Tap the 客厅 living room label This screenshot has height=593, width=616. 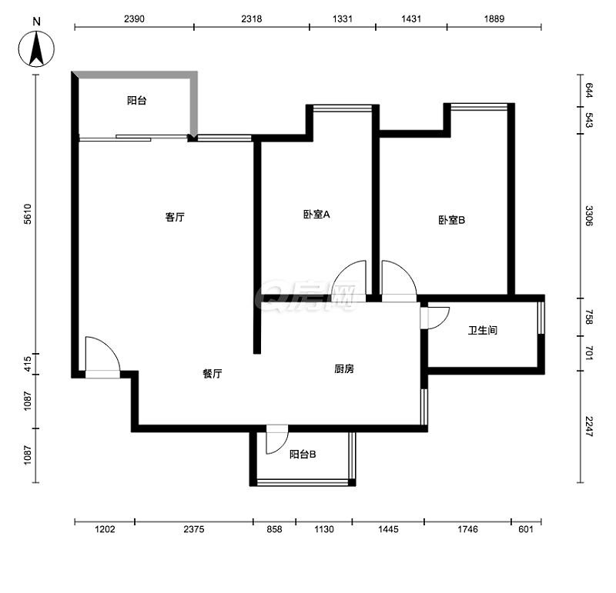175,217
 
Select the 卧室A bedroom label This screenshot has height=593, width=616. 316,215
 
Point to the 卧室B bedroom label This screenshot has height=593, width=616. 452,220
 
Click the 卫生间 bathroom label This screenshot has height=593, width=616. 483,331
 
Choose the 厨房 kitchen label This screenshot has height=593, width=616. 344,369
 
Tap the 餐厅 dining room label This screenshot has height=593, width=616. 213,374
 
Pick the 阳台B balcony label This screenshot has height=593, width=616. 303,455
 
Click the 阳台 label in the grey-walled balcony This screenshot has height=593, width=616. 137,101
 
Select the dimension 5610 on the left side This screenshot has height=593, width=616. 27,215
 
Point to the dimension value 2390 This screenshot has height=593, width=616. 134,18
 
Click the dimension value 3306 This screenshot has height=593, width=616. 588,216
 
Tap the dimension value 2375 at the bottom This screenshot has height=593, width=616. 194,529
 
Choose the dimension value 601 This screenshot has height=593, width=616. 526,529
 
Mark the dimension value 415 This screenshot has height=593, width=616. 27,364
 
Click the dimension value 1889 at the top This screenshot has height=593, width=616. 494,18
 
